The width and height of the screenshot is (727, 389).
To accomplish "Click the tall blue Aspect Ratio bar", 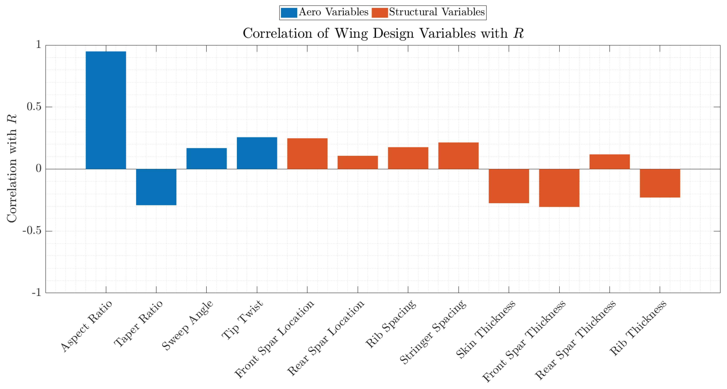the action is (106, 110).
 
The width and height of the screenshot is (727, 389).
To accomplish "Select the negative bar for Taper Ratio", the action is (156, 187).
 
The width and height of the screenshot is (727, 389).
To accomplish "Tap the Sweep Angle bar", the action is (207, 158).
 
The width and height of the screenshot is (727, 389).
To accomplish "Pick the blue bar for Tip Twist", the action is (257, 153).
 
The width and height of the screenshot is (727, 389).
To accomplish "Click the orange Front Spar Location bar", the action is (307, 154).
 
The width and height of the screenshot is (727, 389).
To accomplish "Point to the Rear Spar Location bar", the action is (358, 162).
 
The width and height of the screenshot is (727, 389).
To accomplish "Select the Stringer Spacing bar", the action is (458, 156).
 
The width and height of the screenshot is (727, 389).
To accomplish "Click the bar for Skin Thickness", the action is (509, 186).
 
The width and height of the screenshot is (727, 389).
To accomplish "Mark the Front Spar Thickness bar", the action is (559, 188).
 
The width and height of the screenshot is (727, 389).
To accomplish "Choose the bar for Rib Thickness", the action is (660, 183).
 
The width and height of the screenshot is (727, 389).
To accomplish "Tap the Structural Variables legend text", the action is (437, 12).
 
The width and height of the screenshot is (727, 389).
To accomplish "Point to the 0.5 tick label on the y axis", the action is (34, 107).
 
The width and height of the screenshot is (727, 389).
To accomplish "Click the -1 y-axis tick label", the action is (36, 292).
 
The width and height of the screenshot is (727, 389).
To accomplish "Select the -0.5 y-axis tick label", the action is (32, 231).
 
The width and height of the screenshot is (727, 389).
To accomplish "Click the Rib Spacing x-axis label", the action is (391, 324).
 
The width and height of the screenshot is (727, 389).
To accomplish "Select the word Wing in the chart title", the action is (351, 34).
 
